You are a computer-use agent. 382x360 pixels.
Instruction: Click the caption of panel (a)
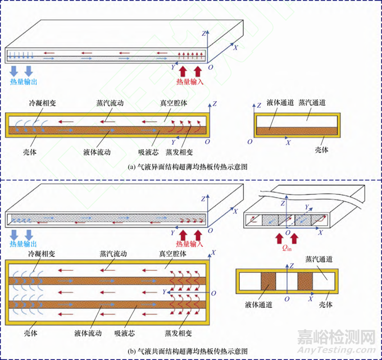tap(189, 167)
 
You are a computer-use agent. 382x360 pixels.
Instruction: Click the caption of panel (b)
tap(189, 351)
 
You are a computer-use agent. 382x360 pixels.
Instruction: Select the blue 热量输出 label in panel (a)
tap(25, 81)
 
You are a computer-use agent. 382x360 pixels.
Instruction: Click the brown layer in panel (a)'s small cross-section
tap(297, 130)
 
